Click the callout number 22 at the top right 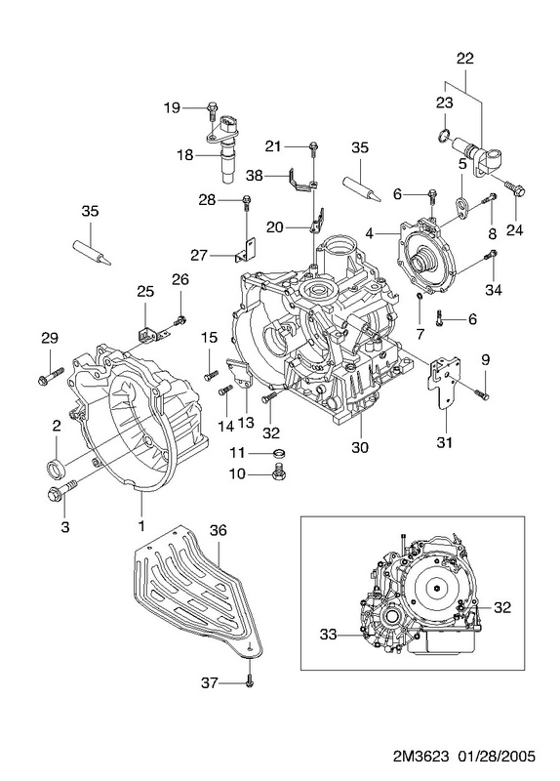point(464,59)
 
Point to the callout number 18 point(185,155)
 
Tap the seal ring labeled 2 point(56,469)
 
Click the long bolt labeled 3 point(61,489)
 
